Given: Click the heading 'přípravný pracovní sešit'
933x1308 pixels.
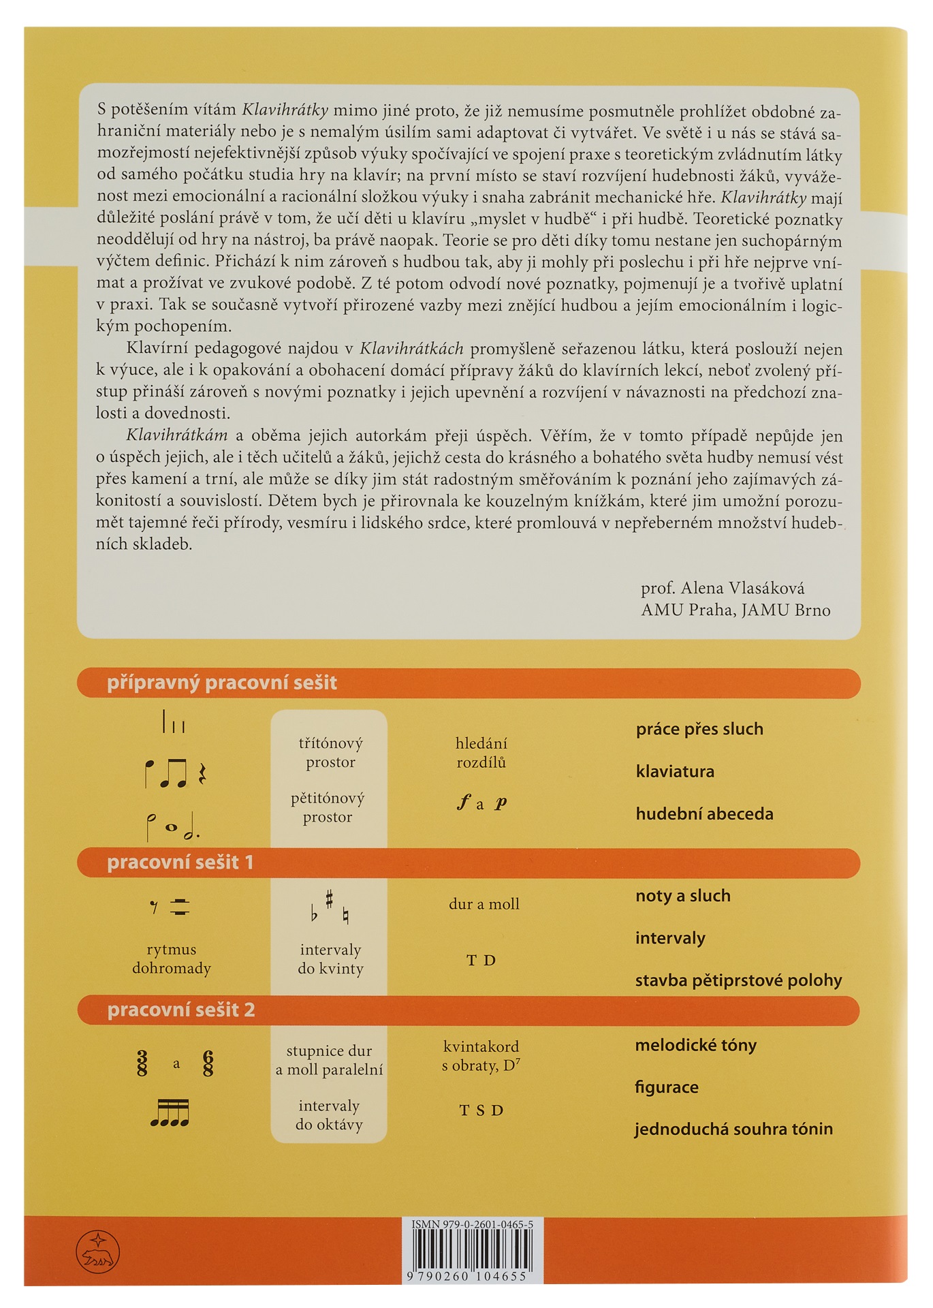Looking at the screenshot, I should [221, 683].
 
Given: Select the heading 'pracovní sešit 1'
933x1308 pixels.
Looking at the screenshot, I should [180, 862].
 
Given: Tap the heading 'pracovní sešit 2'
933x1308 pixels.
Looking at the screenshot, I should [180, 1010].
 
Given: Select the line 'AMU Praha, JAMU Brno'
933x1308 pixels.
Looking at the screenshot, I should [735, 610].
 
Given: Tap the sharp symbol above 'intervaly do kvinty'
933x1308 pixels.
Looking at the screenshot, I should [330, 899].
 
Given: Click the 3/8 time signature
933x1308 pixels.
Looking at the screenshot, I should [142, 1063].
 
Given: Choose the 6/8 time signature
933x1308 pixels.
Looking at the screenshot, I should [208, 1063].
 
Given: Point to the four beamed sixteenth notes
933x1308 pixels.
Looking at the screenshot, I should [170, 1113].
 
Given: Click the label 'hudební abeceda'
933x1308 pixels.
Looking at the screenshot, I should [704, 814].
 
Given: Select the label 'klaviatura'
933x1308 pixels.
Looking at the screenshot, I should [675, 772].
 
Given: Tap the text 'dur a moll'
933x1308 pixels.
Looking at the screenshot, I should [484, 904].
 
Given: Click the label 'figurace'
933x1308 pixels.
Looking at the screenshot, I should [666, 1087].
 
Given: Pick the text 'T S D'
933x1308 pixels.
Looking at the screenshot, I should [481, 1110].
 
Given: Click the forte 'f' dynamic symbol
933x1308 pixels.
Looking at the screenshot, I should [464, 803].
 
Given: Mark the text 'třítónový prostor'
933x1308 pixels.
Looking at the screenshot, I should [330, 752].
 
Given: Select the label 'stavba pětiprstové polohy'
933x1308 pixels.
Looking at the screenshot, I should [738, 980].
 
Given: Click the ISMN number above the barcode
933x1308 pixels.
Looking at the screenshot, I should [472, 1224].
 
